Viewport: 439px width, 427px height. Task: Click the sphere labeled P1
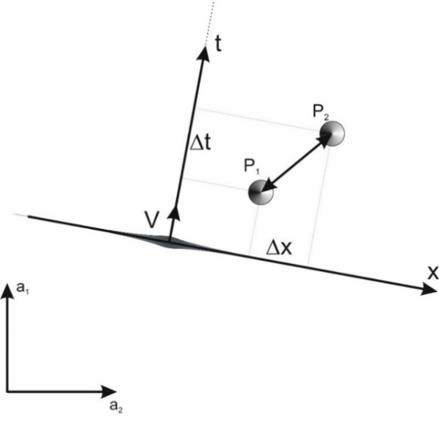[261, 192]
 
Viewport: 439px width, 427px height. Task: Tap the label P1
[250, 167]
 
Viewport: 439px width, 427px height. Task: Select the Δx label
[279, 247]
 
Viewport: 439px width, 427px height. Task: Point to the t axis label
[219, 49]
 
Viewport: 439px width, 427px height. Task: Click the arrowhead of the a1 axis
[7, 291]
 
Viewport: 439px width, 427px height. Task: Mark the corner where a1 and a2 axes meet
[7, 389]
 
